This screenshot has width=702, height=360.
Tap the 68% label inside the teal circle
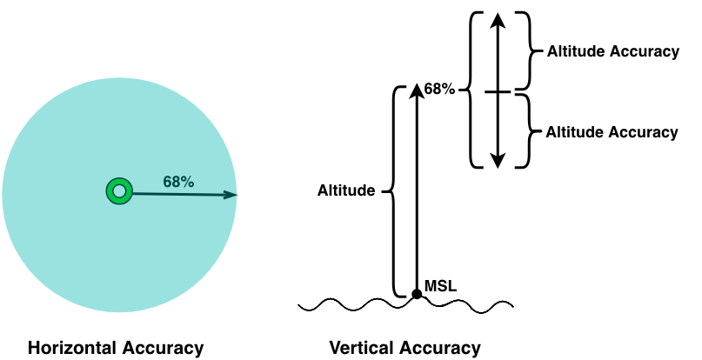[178, 182]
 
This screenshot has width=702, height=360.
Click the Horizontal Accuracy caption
[116, 349]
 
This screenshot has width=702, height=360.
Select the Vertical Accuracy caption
[404, 349]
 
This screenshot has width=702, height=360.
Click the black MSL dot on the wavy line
[417, 295]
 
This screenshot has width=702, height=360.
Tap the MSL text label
[440, 285]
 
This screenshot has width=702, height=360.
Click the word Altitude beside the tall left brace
[346, 190]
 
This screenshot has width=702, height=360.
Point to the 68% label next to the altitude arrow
[440, 89]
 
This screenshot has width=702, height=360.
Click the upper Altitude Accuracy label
[612, 51]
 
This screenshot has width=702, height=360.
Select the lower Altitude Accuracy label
[612, 132]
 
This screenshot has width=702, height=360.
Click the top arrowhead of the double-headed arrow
[497, 21]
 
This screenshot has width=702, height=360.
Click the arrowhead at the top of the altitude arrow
[417, 89]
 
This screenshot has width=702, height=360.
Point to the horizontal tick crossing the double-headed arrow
[497, 91]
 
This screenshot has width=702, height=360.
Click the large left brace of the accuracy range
[471, 90]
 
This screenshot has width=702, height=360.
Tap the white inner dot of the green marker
[119, 191]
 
